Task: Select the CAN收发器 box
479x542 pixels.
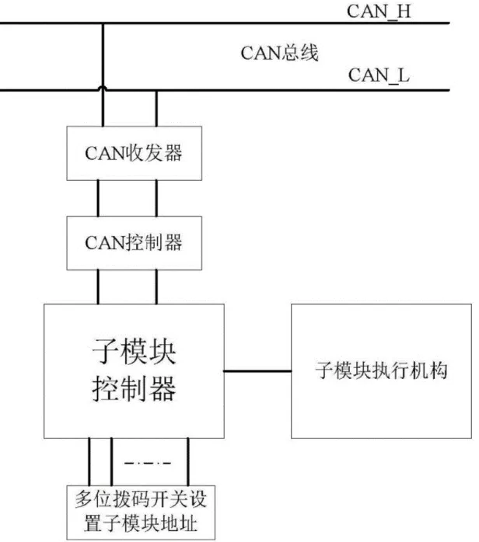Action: click(134, 152)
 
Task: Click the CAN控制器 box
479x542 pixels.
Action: click(134, 241)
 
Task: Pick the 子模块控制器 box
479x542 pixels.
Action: click(134, 370)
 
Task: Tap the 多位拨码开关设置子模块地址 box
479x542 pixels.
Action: click(133, 512)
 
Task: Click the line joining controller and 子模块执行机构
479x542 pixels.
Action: click(257, 371)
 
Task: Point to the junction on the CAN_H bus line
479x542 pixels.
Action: click(103, 23)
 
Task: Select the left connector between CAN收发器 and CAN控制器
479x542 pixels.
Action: click(99, 197)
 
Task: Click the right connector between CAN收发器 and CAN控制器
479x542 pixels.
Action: click(158, 197)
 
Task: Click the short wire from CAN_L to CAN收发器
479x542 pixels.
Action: click(158, 109)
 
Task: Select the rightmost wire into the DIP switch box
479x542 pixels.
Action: click(187, 462)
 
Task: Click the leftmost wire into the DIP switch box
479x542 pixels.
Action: click(89, 462)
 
